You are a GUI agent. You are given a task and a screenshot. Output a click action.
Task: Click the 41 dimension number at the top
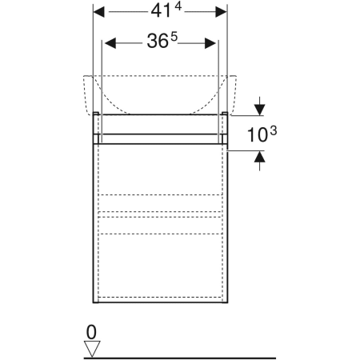(x=161, y=12)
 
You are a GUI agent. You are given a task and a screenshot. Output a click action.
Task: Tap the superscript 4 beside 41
(x=178, y=6)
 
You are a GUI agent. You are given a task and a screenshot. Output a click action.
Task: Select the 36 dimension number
(x=158, y=42)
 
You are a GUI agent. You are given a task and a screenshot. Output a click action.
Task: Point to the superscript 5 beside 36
(x=174, y=37)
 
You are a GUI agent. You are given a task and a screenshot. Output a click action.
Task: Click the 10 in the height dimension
(x=258, y=135)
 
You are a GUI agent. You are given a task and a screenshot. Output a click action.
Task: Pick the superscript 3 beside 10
(x=274, y=131)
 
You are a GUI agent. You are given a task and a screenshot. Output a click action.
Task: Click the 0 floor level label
(x=91, y=332)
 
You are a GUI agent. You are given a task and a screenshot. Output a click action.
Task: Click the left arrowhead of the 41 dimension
(x=99, y=12)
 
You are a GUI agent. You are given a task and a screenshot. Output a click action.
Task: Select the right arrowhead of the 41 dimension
(x=221, y=12)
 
